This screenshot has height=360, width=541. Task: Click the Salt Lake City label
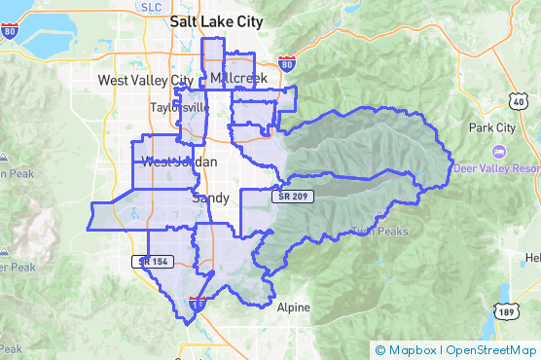(x=216, y=20)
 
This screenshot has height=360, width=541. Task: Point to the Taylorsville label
(x=179, y=108)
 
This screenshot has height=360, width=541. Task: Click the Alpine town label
(x=293, y=307)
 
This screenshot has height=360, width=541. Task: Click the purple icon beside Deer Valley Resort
(x=498, y=152)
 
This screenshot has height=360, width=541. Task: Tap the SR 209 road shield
(x=296, y=197)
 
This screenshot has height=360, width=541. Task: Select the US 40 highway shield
(x=517, y=100)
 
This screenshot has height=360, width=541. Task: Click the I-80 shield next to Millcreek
(x=286, y=65)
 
